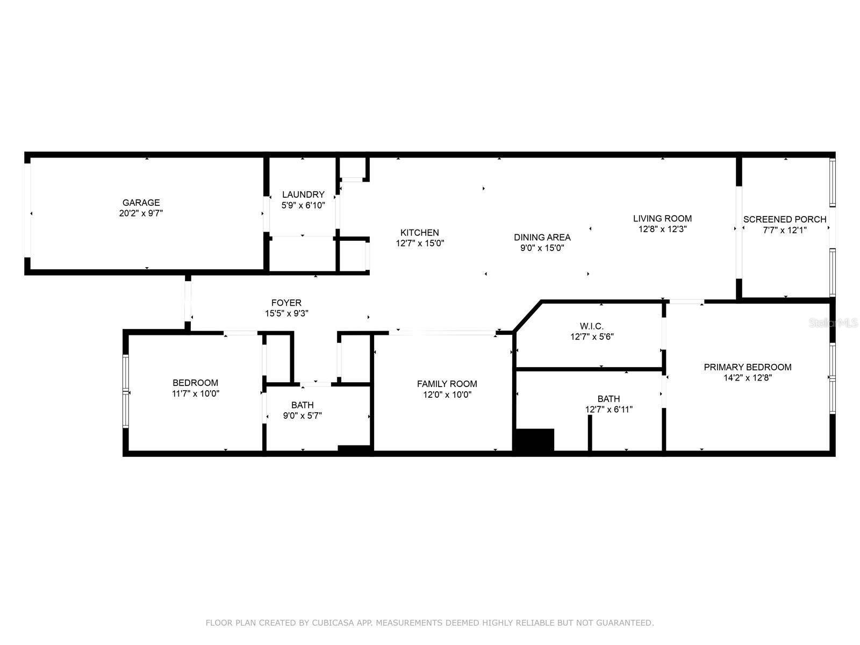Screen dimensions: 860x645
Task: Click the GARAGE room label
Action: (141, 203)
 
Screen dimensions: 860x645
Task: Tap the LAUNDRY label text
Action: (303, 194)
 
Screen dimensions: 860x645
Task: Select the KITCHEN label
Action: (420, 232)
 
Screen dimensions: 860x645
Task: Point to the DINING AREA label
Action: (542, 237)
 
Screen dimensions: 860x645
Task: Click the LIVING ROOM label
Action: (663, 218)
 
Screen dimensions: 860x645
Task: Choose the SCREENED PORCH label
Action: (785, 219)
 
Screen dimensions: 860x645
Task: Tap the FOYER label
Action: (286, 303)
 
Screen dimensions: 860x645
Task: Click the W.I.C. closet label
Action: (592, 326)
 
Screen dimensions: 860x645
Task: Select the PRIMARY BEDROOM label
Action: (748, 367)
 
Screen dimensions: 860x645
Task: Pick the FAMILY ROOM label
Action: (447, 384)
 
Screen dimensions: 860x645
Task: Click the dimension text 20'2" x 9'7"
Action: (141, 213)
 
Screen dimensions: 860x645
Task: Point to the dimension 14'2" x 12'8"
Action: (748, 377)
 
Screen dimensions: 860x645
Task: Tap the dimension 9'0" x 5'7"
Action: (303, 415)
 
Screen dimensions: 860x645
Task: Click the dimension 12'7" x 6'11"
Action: (609, 409)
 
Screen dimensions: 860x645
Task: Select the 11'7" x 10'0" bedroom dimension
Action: (196, 393)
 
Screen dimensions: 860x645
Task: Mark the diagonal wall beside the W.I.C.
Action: (527, 317)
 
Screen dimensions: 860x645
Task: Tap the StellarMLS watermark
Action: (833, 322)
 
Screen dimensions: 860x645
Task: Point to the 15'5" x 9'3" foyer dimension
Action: (286, 313)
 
